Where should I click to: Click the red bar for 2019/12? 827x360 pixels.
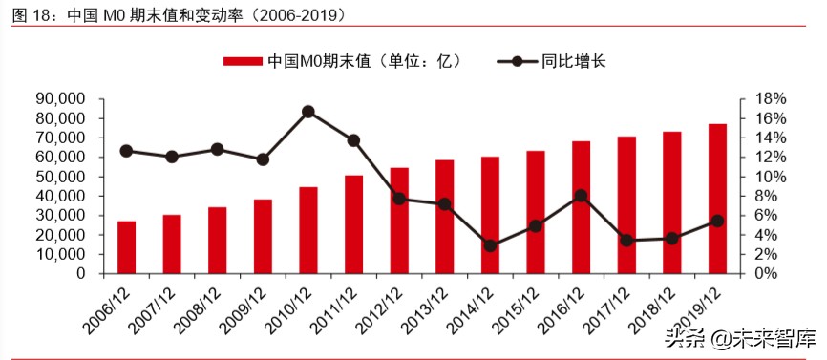[717, 199]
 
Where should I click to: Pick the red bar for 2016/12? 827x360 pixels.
[581, 207]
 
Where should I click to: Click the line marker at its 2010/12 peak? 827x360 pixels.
[308, 112]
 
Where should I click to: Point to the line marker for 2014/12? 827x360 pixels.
[490, 245]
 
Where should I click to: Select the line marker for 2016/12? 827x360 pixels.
[581, 196]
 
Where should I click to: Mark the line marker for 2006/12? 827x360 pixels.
[126, 151]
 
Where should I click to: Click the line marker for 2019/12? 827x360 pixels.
[717, 221]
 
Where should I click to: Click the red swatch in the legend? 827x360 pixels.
[244, 62]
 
